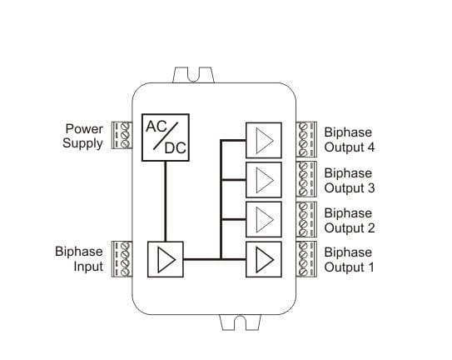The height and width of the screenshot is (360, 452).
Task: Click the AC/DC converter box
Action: tap(166, 137)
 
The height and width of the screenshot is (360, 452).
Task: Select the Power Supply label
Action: tap(83, 136)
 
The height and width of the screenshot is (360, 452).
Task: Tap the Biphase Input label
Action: tap(79, 259)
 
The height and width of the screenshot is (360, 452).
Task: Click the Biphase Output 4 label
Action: tap(350, 140)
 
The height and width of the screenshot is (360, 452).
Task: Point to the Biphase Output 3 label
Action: tap(350, 181)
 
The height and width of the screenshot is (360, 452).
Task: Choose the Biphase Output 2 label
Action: tap(350, 221)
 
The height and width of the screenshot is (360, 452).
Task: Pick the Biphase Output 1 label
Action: tap(349, 260)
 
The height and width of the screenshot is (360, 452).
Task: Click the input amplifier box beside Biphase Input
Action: tap(166, 259)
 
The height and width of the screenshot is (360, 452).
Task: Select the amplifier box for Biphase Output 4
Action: tap(264, 140)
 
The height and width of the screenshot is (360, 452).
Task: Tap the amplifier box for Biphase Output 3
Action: tap(264, 180)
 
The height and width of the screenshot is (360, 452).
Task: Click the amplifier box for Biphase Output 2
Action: tap(264, 219)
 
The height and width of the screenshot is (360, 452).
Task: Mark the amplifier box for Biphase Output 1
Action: tap(264, 259)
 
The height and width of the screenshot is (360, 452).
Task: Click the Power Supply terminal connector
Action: tap(122, 135)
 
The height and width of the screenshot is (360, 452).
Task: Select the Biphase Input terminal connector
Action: tap(122, 259)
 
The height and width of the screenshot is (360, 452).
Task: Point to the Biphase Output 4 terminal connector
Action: tap(306, 139)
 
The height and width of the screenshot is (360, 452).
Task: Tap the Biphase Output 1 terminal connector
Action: tap(306, 259)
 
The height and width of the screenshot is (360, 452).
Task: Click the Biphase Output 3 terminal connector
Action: tap(306, 179)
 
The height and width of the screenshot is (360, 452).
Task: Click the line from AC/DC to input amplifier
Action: tap(166, 201)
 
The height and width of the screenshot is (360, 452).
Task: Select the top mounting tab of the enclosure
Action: tap(194, 75)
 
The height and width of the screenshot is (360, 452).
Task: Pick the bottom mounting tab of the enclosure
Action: tap(240, 322)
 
